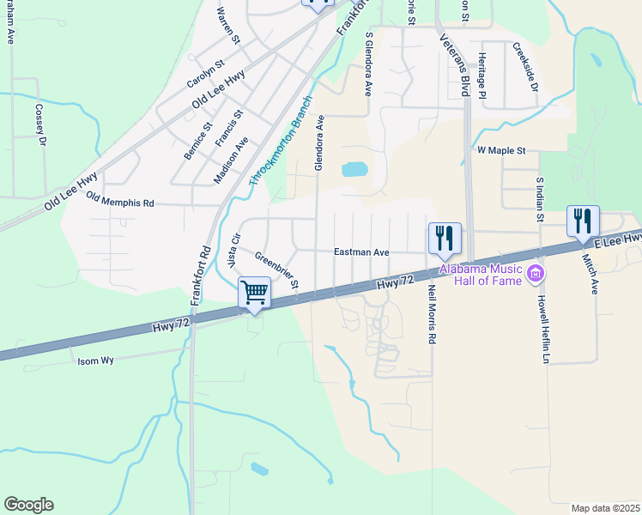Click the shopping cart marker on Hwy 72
254,293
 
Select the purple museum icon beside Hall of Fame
536,275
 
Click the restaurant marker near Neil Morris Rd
445,238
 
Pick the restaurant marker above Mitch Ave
583,221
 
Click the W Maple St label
501,150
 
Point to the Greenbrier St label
276,269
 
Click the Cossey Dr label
39,124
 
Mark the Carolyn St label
205,75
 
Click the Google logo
28,505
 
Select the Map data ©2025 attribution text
605,508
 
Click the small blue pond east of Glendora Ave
354,169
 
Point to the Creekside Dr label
524,68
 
